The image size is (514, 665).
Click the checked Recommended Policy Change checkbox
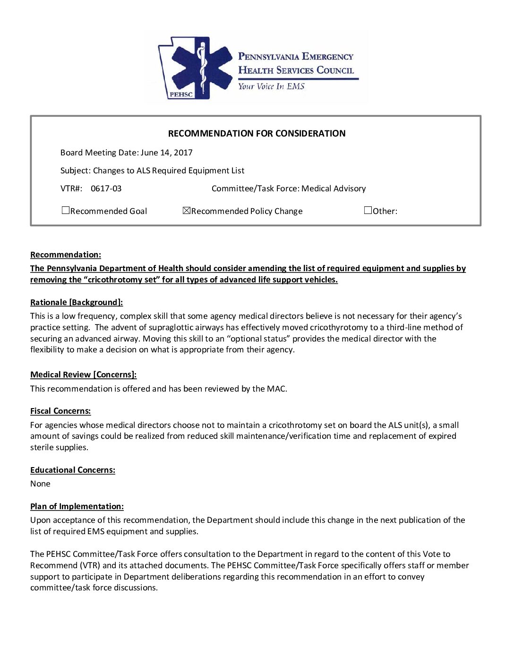(x=186, y=211)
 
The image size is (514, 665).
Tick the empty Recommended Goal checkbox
(x=66, y=211)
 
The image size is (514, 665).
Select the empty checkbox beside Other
(x=368, y=211)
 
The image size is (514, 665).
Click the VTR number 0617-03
(x=106, y=188)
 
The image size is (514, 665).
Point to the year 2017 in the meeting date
(x=183, y=153)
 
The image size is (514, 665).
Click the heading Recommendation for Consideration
(x=257, y=133)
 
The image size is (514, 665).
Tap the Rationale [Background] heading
(x=76, y=302)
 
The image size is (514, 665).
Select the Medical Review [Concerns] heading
(x=83, y=375)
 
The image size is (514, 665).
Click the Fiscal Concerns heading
(x=60, y=411)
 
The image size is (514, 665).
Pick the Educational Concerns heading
(x=72, y=470)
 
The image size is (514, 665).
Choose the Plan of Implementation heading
(x=77, y=506)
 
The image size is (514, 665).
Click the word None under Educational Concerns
(x=40, y=484)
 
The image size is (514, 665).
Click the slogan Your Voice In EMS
(x=271, y=86)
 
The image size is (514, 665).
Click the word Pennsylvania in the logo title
(x=268, y=57)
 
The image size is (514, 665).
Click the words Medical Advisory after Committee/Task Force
(x=334, y=188)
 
